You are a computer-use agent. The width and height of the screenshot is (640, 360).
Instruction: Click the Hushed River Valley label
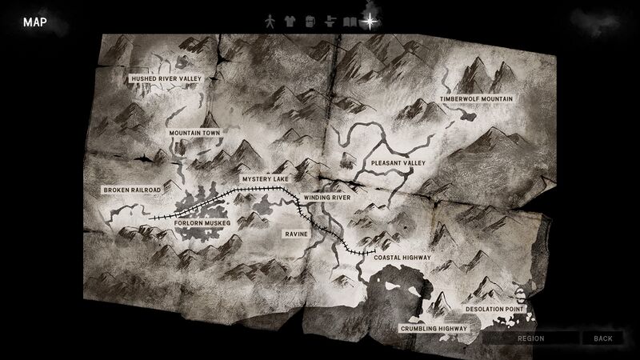(x=166, y=79)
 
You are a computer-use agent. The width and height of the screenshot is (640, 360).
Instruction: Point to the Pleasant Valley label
(x=397, y=163)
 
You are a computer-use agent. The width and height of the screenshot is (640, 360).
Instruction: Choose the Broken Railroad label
(x=132, y=190)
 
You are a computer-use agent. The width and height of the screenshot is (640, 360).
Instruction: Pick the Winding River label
(x=327, y=197)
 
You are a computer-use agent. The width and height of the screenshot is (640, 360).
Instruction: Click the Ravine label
(x=295, y=234)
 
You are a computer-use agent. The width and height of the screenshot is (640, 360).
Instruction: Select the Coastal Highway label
(x=403, y=258)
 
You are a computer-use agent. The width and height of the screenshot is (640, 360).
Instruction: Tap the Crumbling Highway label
(x=433, y=329)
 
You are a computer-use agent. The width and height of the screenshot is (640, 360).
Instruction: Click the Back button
(x=603, y=338)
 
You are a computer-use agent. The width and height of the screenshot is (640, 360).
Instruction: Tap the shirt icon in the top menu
(x=290, y=22)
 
